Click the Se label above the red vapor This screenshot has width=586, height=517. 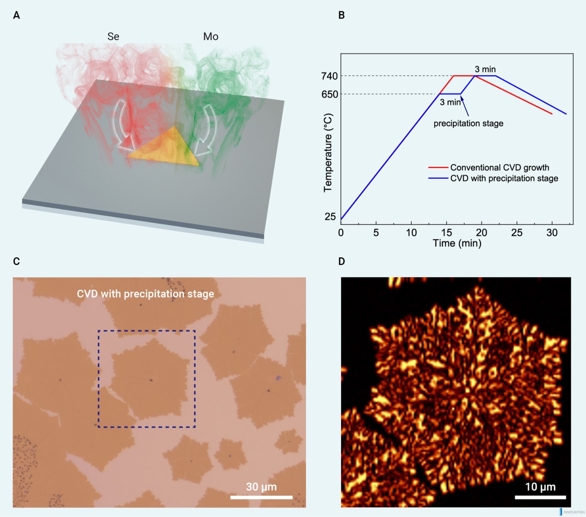113,37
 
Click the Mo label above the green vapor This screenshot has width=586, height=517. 211,37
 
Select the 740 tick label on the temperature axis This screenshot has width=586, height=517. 330,76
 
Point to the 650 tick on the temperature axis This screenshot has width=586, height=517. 330,94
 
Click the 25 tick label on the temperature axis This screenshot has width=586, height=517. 330,216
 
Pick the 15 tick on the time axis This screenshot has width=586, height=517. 446,233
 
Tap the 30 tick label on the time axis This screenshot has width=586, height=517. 552,233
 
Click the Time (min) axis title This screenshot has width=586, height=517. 457,243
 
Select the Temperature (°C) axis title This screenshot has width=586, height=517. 328,153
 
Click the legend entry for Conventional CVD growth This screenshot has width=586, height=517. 499,168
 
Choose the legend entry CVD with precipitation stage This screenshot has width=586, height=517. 504,178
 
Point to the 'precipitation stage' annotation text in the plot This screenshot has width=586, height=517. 468,123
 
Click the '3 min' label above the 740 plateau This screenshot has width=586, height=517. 485,69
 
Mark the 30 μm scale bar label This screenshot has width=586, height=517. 261,487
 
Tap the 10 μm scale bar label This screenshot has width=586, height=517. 540,487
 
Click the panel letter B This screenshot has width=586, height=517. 342,15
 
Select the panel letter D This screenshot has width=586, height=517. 342,261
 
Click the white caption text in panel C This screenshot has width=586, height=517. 146,294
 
